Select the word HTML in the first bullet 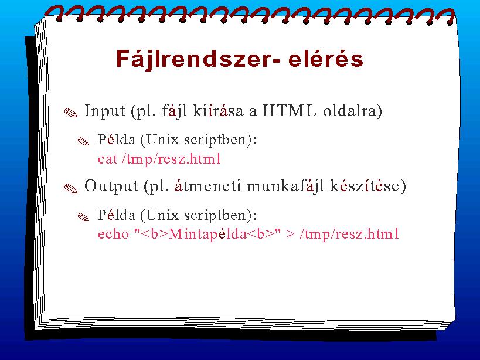click(289, 111)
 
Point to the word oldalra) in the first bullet click(353, 111)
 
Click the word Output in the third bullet click(111, 186)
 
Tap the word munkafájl click(285, 186)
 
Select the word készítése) click(367, 186)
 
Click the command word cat click(108, 159)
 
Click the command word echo click(113, 234)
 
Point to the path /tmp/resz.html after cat click(171, 159)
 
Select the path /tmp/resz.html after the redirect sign click(349, 234)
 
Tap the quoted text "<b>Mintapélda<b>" click(207, 234)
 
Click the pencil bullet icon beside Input click(71, 113)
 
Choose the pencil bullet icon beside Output click(71, 188)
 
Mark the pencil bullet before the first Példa click(84, 141)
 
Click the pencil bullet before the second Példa click(84, 217)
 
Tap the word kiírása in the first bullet click(218, 111)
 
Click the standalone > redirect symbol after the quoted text click(290, 234)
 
